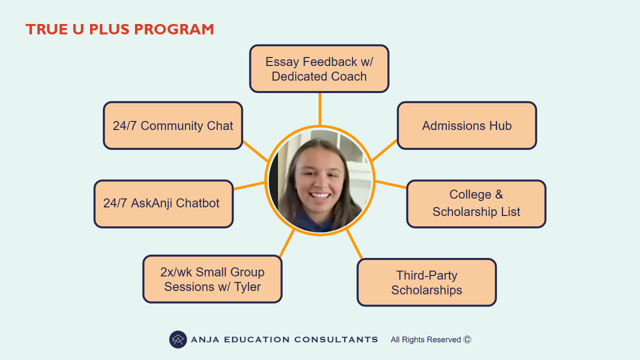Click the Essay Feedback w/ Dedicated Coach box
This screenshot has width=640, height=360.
coord(319,68)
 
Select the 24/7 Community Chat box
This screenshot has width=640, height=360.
coord(173,125)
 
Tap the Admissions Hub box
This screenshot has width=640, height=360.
coord(467,125)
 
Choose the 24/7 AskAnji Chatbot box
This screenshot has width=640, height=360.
coord(163,203)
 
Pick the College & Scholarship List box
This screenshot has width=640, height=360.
coord(476,203)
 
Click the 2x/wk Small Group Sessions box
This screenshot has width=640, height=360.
coord(212,279)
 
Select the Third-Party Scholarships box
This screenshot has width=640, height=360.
coord(426,282)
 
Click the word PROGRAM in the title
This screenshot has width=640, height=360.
coord(174,29)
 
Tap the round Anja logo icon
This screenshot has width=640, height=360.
coord(178,339)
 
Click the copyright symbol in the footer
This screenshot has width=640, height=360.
coord(467,339)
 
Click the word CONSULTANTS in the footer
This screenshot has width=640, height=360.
coord(336,339)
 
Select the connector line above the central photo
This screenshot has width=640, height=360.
coord(320,109)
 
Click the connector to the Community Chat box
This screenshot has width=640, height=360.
coord(255,151)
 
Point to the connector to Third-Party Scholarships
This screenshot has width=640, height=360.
coord(354,244)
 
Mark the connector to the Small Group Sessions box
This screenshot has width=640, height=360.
coord(286,242)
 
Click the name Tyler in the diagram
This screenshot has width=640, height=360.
coord(247,287)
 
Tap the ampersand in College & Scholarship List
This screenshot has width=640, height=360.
coord(499,194)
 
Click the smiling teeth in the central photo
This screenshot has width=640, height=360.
coord(320,196)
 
